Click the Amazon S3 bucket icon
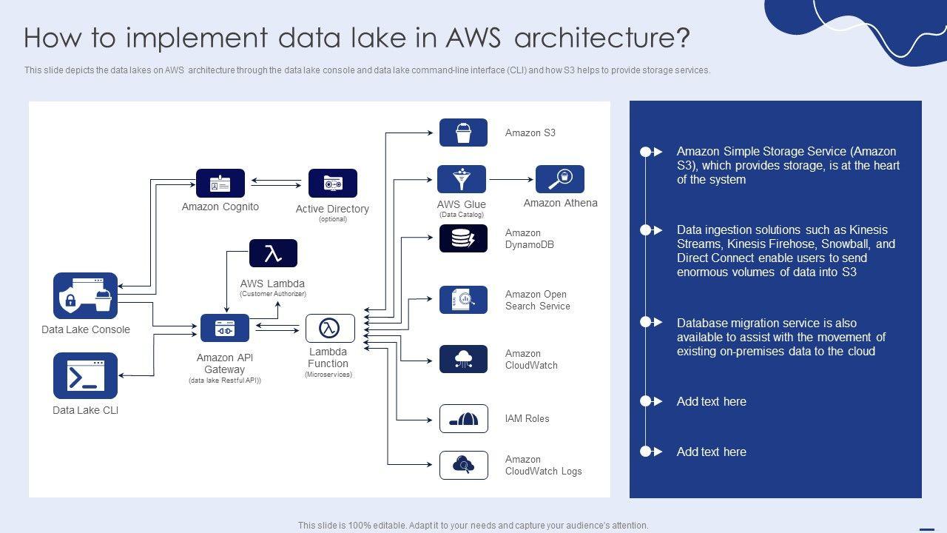[463, 133]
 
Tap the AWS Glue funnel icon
[462, 179]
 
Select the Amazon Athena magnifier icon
[560, 179]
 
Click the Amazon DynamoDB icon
[463, 238]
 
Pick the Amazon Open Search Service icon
[463, 300]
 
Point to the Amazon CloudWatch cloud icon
[463, 359]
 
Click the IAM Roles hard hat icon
[463, 419]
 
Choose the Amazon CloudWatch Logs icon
[463, 465]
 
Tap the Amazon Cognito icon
[220, 183]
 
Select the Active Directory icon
[332, 183]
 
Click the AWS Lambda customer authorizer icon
[273, 253]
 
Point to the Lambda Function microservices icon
[330, 328]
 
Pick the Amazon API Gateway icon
[225, 328]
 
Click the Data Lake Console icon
[85, 296]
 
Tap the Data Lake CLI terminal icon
[85, 376]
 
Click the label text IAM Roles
[527, 419]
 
